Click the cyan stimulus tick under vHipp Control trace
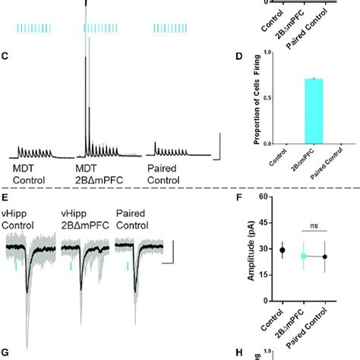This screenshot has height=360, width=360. click(16, 267)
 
